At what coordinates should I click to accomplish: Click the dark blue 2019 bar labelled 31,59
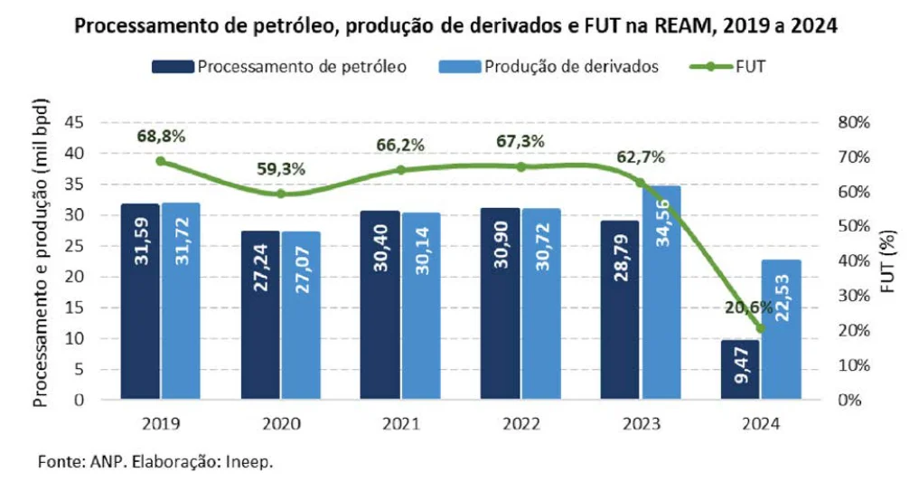140,302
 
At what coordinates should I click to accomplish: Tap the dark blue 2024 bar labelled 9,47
741,370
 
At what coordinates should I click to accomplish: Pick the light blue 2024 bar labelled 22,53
781,329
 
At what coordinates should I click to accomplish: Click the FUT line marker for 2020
281,194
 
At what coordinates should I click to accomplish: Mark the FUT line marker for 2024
760,327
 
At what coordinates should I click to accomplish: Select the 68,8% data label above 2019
161,137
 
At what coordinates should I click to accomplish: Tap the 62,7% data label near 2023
641,156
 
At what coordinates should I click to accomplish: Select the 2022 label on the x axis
520,423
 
